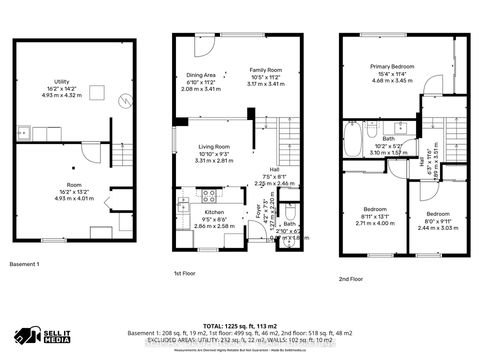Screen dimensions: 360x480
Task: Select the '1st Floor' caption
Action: click(185, 272)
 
